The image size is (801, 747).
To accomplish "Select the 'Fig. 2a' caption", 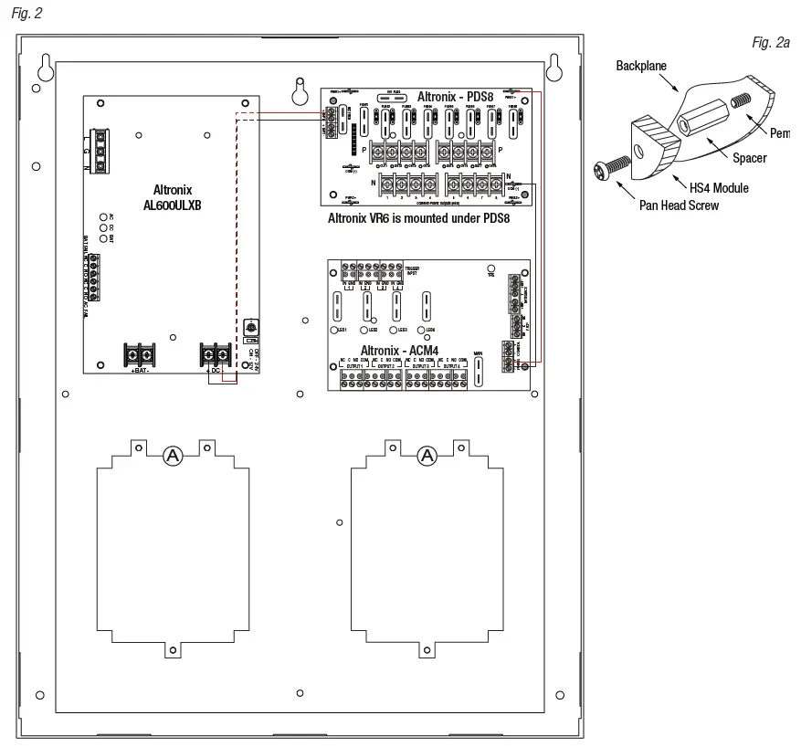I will click(x=771, y=43).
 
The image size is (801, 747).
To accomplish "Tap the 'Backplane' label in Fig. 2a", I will click(x=641, y=67).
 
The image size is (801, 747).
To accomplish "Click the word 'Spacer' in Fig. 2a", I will click(x=749, y=158).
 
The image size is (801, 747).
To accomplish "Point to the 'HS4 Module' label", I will click(x=719, y=188).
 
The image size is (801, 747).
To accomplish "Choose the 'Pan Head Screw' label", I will click(x=679, y=205).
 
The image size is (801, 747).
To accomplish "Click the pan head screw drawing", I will click(x=610, y=168).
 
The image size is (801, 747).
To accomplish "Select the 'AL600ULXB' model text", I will click(x=172, y=205).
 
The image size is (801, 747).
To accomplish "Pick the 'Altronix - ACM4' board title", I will click(x=399, y=351).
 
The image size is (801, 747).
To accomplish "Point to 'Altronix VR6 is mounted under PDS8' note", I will click(x=418, y=219).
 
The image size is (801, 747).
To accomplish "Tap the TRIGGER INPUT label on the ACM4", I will click(x=413, y=271).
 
